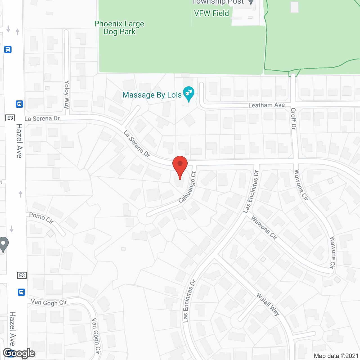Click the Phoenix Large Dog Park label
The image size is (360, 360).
point(119,28)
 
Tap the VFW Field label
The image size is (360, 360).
point(211,13)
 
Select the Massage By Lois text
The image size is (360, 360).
point(152,95)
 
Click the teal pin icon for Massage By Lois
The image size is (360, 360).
point(189,94)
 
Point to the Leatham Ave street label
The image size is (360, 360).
point(266,105)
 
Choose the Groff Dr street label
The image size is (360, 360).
point(293,119)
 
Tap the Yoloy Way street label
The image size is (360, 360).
point(67,94)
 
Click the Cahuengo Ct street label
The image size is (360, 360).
point(187,187)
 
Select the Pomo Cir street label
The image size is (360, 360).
point(41,218)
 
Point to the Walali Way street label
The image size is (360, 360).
point(268,304)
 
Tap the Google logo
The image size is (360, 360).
point(19,353)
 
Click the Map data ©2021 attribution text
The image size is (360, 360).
point(336,356)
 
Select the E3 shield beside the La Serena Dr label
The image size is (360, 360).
point(10,118)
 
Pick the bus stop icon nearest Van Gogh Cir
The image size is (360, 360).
point(21,292)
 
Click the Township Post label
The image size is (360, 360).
point(218,2)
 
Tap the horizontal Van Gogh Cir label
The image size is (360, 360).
point(49,303)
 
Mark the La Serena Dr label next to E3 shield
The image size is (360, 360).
point(42,119)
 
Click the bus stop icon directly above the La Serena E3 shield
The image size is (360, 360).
point(19,104)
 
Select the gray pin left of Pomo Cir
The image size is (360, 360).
point(4,244)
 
